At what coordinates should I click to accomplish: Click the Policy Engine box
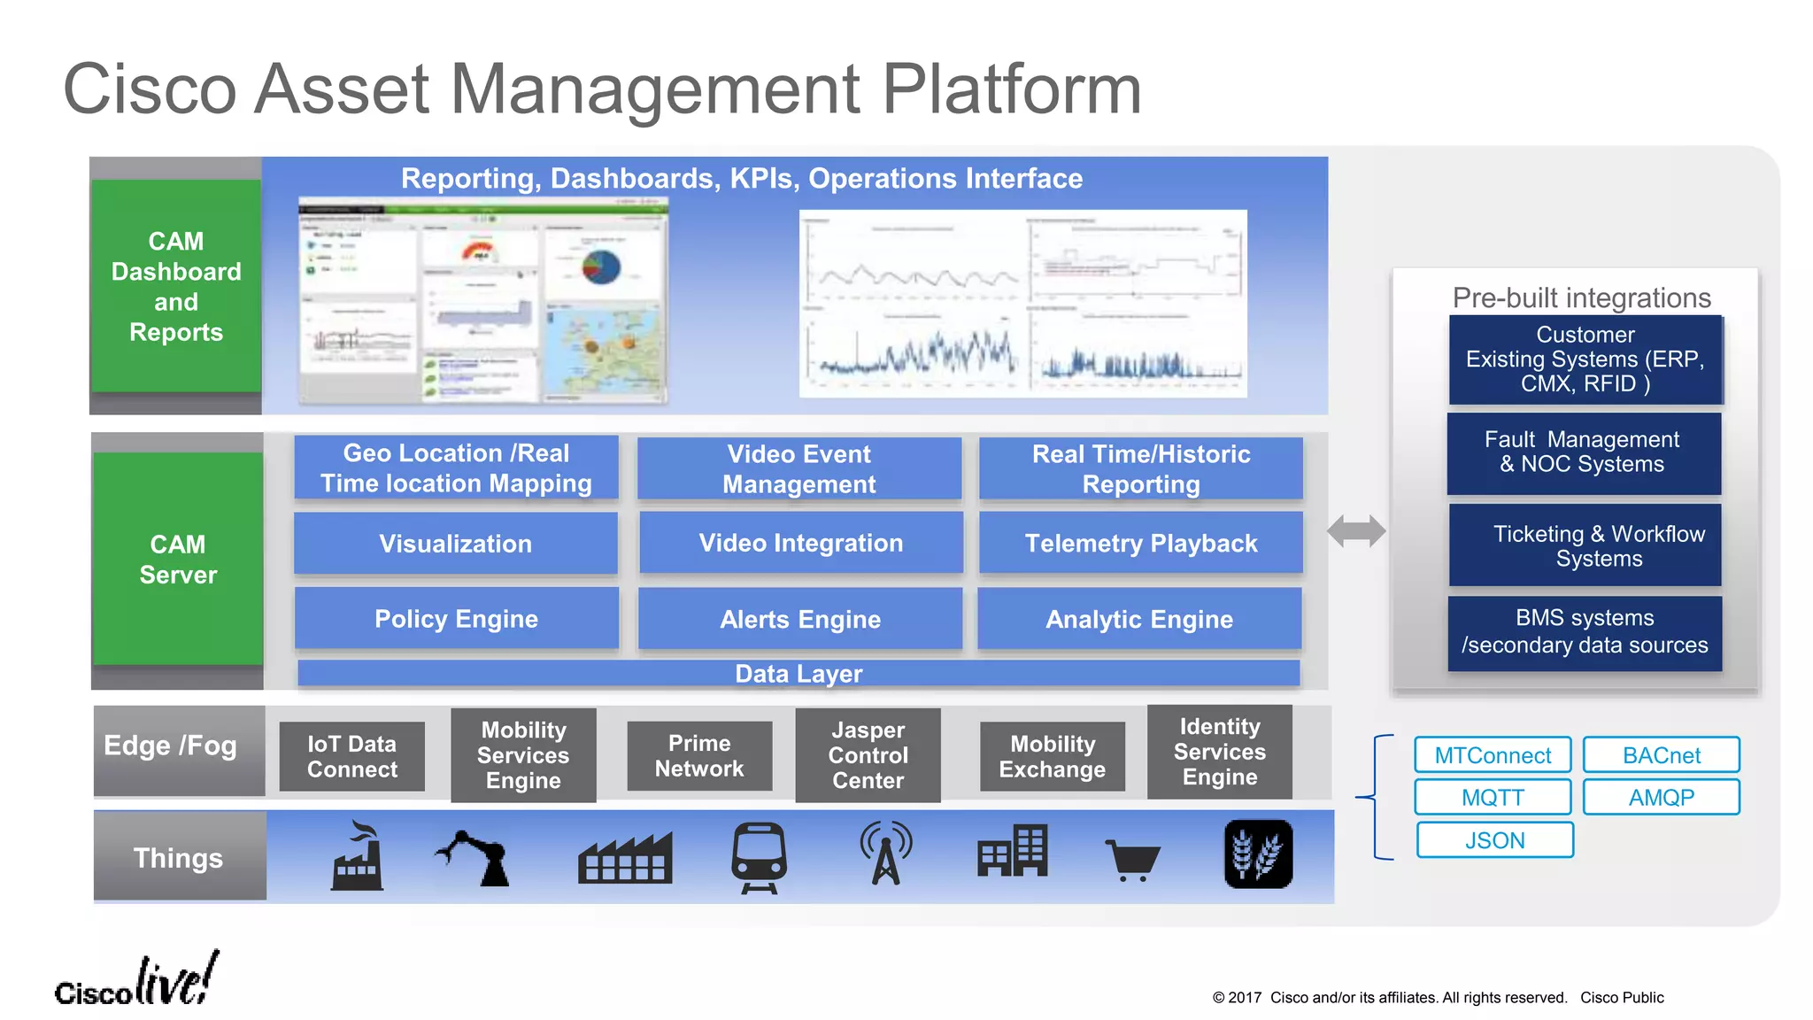(456, 618)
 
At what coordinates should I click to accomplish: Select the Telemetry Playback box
(1140, 543)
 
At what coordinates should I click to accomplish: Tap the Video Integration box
(800, 543)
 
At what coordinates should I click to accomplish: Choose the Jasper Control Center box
(868, 754)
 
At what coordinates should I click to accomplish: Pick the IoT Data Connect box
(351, 756)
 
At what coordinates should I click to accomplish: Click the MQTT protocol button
(1493, 797)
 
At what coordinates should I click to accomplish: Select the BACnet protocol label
(1661, 755)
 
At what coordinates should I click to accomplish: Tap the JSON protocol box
(1494, 839)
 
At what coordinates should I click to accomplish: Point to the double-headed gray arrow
(1356, 531)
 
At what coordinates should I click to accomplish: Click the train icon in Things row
(759, 856)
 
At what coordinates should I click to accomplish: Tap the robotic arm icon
(475, 857)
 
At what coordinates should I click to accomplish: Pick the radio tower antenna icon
(886, 853)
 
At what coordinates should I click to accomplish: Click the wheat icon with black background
(1258, 854)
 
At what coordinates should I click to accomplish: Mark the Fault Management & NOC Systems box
(1584, 453)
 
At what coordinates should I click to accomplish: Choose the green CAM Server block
(178, 559)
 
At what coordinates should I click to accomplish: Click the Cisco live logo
(137, 981)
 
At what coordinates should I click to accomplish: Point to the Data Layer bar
(798, 673)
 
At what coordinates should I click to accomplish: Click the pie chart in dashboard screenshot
(601, 266)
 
